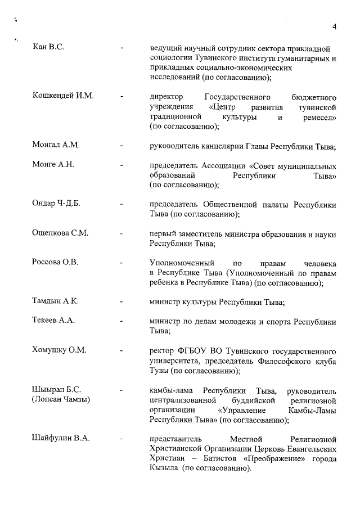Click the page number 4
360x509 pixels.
click(334, 26)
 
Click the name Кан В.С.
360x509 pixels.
click(48, 47)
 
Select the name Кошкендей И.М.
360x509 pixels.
click(63, 96)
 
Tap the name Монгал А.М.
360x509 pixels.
click(56, 145)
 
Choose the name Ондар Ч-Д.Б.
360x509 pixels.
click(57, 203)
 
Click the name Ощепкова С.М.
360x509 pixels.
click(61, 233)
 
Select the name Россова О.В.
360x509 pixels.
click(55, 262)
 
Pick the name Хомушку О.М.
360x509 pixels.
click(60, 350)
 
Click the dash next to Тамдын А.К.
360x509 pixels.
click(122, 301)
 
